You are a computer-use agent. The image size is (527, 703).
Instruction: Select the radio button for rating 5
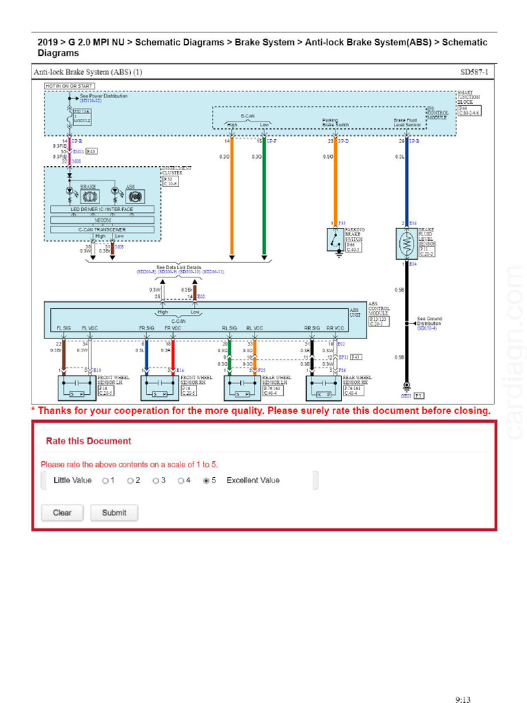coord(206,481)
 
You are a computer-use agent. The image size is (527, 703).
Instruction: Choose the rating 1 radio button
coord(105,481)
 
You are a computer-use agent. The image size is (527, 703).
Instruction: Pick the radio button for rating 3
coord(156,481)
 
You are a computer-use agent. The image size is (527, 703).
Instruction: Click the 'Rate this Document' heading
coord(88,441)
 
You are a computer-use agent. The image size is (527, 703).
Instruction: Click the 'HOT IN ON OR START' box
coord(69,86)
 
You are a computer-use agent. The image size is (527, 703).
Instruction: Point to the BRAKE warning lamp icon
coord(90,196)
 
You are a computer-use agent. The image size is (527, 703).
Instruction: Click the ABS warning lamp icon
coord(134,196)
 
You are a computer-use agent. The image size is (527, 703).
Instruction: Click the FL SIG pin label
coord(64,328)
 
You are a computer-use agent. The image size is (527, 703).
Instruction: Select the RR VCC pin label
coord(335,328)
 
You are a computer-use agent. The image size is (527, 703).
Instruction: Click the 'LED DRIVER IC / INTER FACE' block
coord(102,209)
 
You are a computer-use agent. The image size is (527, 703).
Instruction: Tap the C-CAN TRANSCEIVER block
coord(102,229)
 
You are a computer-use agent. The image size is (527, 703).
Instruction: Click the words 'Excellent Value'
coord(253,481)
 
